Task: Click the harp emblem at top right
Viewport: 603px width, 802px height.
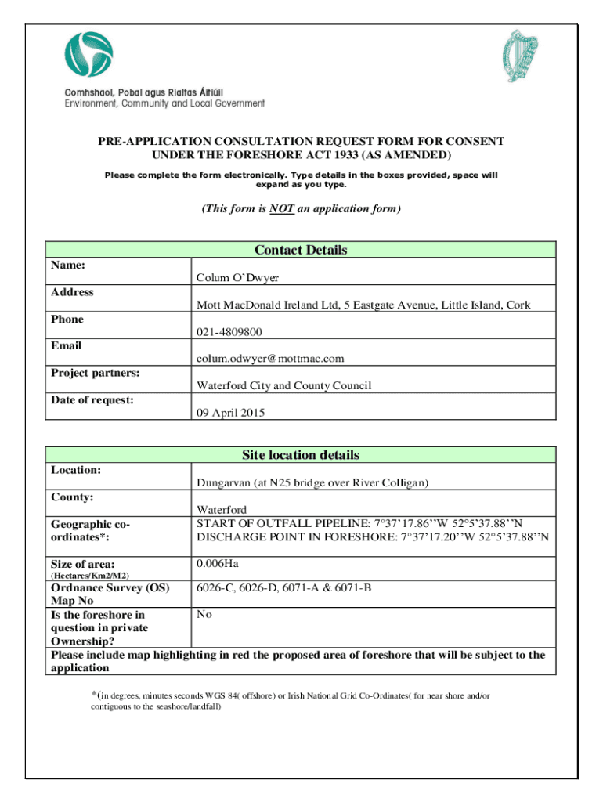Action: (522, 56)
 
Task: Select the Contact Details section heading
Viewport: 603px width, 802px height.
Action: (301, 251)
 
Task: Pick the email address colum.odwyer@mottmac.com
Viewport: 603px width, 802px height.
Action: (270, 359)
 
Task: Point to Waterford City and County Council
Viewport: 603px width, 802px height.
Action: (283, 385)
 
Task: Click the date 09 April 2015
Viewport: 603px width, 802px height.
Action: (230, 412)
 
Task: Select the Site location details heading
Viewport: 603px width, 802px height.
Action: (301, 455)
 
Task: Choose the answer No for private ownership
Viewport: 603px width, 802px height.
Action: (204, 615)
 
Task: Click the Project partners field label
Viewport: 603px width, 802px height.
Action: (96, 373)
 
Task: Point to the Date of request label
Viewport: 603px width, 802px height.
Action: (92, 400)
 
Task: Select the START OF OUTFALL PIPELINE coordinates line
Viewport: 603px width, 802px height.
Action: (359, 523)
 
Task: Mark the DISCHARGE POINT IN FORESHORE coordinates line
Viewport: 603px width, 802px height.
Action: (372, 537)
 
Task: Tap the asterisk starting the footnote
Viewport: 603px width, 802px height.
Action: (95, 694)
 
